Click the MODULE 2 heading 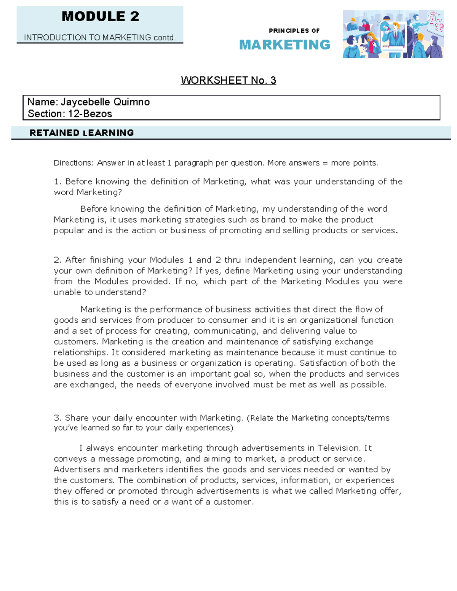(x=100, y=16)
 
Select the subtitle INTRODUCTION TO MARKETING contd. (x=100, y=37)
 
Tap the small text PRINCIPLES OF (x=294, y=31)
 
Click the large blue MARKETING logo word (x=285, y=45)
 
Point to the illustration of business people (x=393, y=34)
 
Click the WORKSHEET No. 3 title (x=228, y=80)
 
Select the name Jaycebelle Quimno (x=105, y=102)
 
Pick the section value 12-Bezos (x=90, y=114)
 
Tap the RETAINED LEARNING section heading (x=81, y=133)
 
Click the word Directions (x=73, y=163)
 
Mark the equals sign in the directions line (x=325, y=163)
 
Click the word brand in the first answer (x=273, y=220)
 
